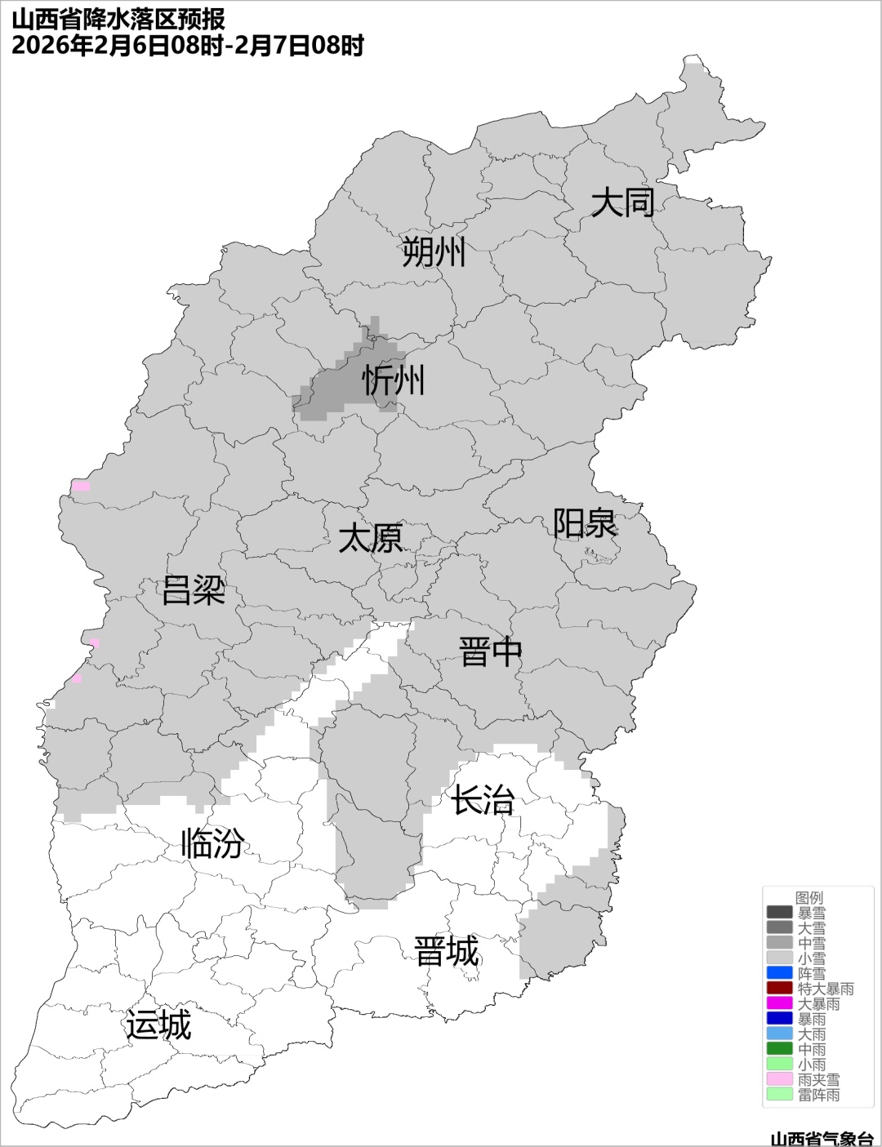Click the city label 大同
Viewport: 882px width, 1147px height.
tap(622, 202)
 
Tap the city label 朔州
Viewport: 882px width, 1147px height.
tap(434, 252)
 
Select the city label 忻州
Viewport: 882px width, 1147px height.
tap(394, 380)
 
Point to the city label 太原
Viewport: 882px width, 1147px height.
tap(371, 539)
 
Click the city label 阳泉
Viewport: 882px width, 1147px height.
tap(585, 523)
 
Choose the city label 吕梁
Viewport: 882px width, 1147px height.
tap(194, 590)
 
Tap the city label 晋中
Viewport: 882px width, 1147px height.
tap(490, 652)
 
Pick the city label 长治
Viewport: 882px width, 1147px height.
tap(483, 800)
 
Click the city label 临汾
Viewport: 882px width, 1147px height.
tap(212, 843)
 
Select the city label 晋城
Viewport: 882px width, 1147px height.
tap(447, 952)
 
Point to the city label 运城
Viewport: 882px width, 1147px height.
tap(158, 1025)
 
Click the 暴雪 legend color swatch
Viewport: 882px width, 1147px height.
tap(780, 913)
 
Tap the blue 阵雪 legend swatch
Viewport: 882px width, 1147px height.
tap(780, 973)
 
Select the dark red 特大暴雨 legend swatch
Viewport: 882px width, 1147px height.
tap(780, 989)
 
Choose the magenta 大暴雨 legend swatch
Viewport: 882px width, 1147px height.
tap(780, 1003)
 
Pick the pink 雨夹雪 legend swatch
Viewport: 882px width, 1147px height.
tap(780, 1079)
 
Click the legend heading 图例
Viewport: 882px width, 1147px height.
tap(809, 898)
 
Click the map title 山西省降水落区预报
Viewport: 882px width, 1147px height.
tap(118, 19)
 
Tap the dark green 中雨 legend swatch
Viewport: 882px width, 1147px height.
tap(780, 1049)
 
